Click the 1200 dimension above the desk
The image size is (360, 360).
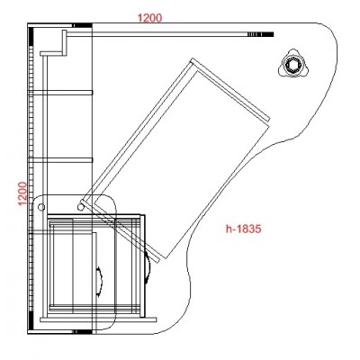149,18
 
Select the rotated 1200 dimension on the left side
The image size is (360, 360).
22,193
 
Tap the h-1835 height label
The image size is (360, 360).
244,229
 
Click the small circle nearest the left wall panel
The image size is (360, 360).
41,207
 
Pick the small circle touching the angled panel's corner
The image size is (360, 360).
80,207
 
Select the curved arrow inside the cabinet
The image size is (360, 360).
99,281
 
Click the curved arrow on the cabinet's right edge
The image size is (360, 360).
148,267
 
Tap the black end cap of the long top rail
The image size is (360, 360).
268,34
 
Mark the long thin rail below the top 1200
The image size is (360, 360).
169,34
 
